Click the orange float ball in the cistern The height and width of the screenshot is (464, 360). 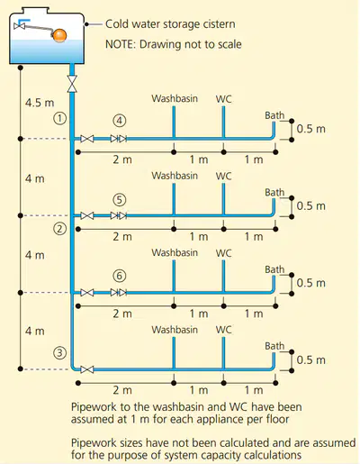(x=59, y=35)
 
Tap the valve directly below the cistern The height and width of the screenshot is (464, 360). (x=72, y=84)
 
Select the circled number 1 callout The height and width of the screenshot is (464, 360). (x=60, y=118)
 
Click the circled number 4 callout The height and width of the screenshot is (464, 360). (x=120, y=121)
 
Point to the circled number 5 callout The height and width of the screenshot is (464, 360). (x=120, y=200)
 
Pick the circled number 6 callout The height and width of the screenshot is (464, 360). (x=120, y=276)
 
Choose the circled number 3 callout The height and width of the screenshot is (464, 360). (x=60, y=352)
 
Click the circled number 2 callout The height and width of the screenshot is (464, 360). (x=60, y=229)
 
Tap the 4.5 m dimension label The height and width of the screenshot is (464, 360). (x=40, y=103)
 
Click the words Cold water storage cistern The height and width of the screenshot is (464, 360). (x=170, y=24)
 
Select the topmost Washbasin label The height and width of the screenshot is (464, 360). (x=175, y=98)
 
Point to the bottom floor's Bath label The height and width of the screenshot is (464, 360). (x=274, y=346)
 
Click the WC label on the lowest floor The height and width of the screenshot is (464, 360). (x=223, y=330)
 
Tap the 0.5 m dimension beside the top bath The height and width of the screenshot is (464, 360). (x=311, y=129)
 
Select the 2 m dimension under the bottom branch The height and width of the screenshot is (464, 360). (x=122, y=390)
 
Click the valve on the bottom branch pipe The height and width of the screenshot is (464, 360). (x=87, y=369)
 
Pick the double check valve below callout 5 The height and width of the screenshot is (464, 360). (x=119, y=215)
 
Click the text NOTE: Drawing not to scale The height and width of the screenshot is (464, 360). (x=174, y=44)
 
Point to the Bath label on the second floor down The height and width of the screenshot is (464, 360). (x=274, y=193)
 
